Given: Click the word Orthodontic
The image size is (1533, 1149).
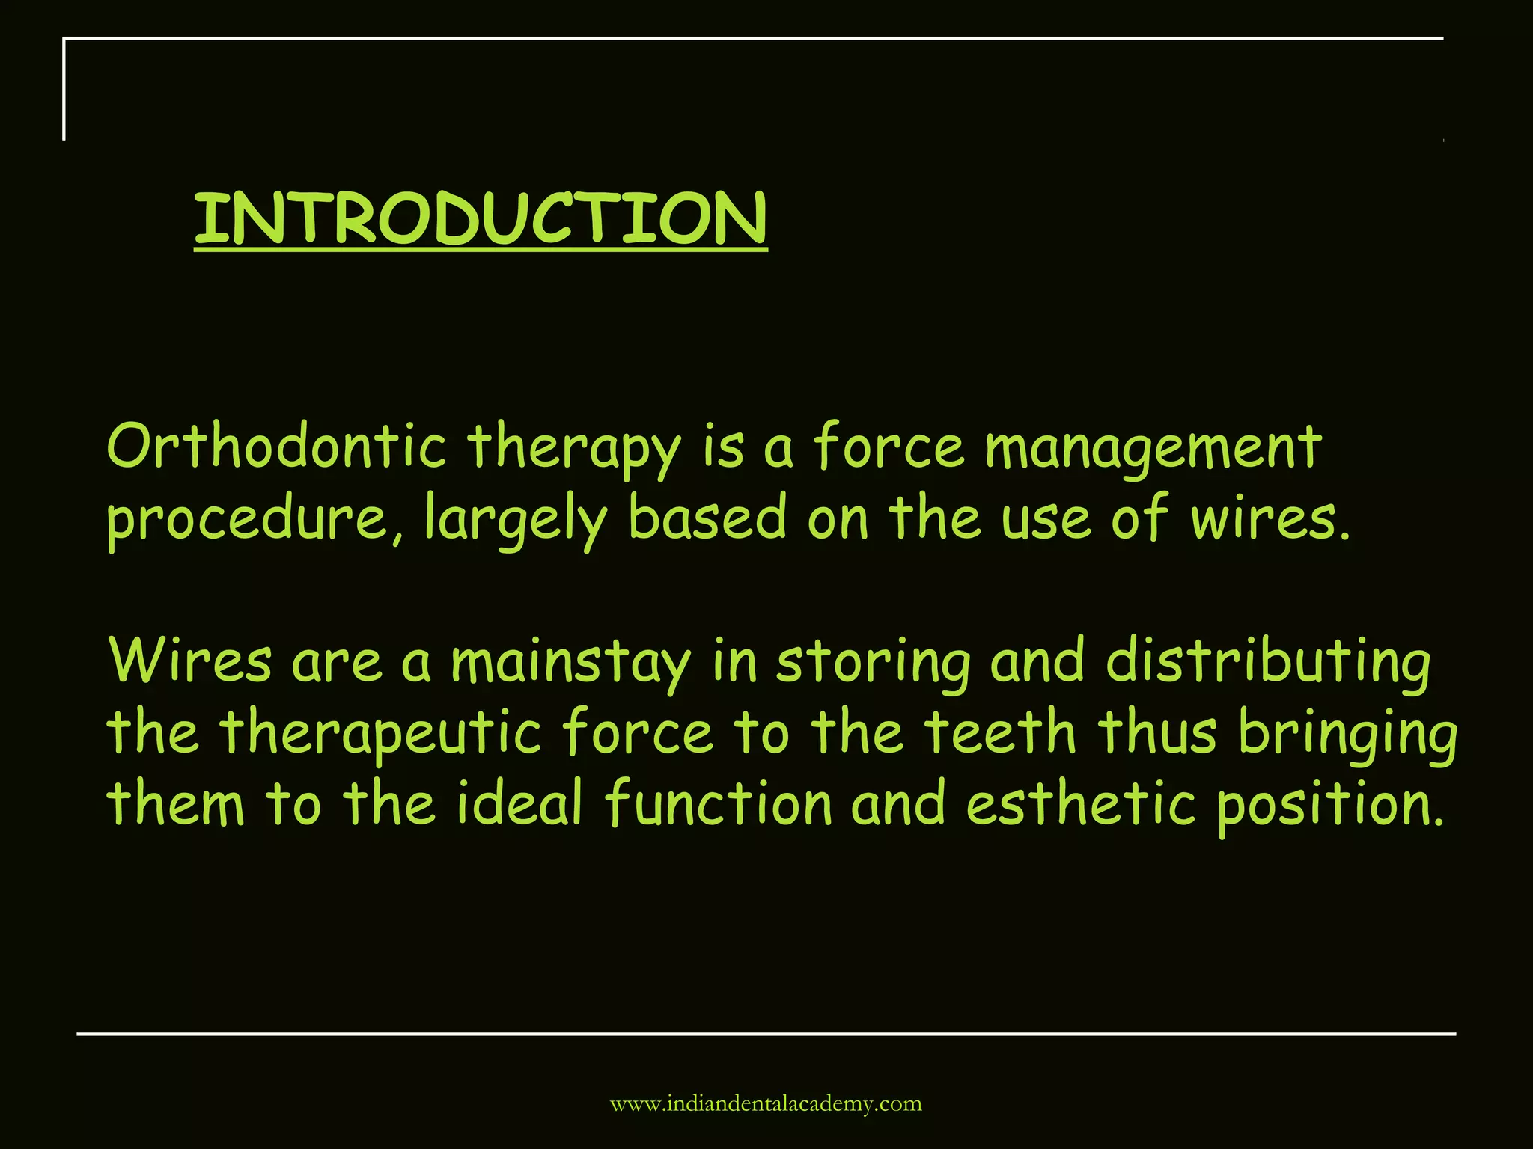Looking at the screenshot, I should [276, 447].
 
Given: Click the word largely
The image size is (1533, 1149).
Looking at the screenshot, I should [516, 519].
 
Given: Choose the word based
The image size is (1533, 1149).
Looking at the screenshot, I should [707, 518].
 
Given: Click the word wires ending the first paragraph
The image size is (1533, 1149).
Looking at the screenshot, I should [1269, 518].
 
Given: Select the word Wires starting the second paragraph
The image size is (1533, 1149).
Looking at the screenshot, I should [190, 661].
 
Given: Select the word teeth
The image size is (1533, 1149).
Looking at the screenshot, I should [1000, 732].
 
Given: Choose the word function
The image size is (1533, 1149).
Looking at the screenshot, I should [719, 803].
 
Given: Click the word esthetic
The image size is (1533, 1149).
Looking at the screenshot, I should [1081, 803].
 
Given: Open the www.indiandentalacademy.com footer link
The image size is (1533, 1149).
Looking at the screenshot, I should [766, 1104].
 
